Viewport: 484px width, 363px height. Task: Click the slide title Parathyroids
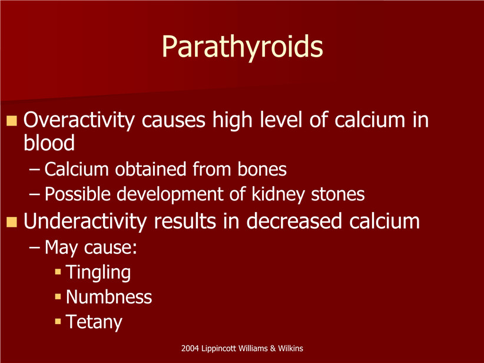(243, 47)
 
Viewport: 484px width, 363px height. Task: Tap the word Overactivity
(79, 120)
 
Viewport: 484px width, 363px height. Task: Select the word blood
(49, 143)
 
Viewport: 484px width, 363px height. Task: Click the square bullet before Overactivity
(11, 120)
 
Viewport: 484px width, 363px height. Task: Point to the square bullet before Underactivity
(11, 222)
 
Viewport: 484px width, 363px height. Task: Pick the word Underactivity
(85, 221)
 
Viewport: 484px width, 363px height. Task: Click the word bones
(262, 169)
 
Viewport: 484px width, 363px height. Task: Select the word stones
(338, 194)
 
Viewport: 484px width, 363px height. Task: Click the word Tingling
(98, 272)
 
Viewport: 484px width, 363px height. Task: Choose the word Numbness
(109, 297)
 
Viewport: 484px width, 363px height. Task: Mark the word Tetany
(94, 322)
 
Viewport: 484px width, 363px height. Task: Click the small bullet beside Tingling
(58, 272)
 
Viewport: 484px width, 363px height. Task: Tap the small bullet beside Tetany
(58, 321)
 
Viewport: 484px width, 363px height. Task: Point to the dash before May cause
(34, 247)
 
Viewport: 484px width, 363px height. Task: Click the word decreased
(294, 221)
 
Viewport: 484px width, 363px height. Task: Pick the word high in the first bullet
(233, 120)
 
